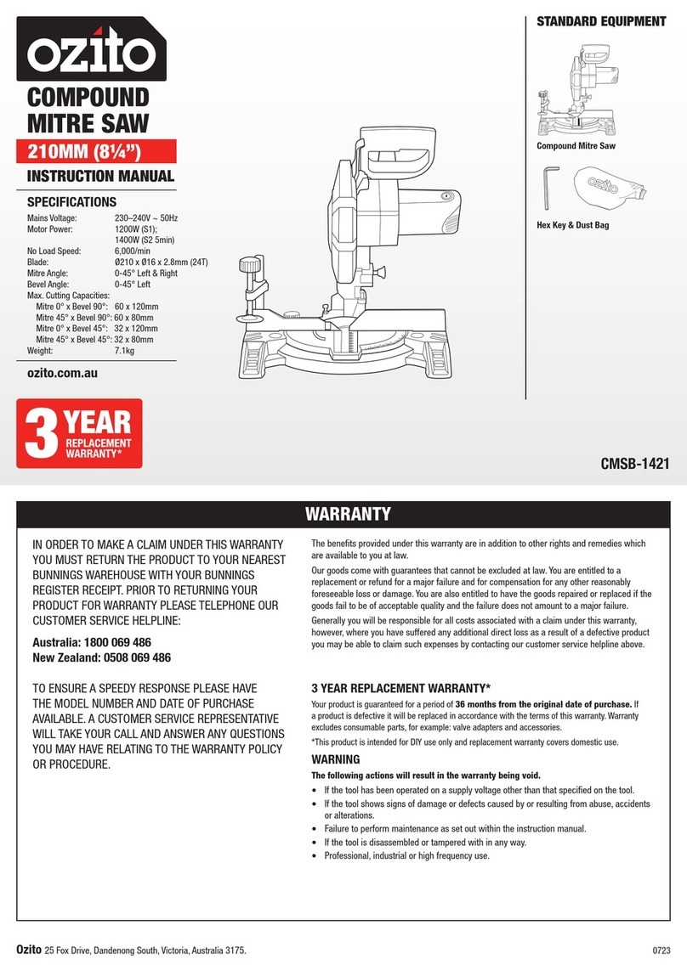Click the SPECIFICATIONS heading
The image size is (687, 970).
(x=71, y=203)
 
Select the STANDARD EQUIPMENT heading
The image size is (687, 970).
(x=600, y=21)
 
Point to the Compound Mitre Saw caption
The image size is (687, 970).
(x=576, y=146)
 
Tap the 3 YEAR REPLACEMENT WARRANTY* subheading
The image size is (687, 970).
(x=401, y=688)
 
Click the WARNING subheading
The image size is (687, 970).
(x=336, y=759)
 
